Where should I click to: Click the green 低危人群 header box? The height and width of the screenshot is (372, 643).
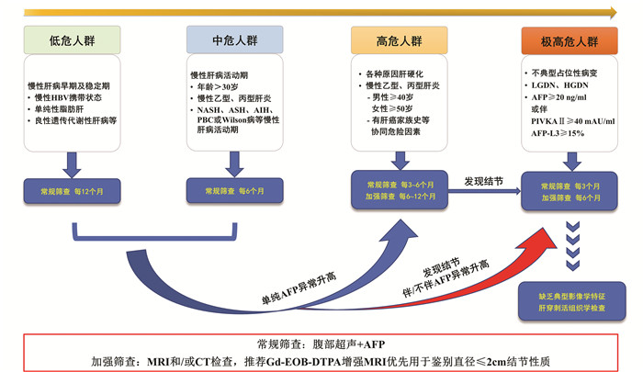(x=72, y=40)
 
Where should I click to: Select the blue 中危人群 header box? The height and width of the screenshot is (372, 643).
(x=234, y=40)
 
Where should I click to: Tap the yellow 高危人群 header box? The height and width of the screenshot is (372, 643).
(x=399, y=41)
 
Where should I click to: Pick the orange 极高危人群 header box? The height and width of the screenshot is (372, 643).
(x=569, y=41)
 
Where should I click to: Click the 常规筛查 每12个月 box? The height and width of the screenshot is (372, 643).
(x=72, y=191)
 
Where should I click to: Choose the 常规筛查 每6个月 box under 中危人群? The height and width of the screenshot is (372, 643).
(x=234, y=191)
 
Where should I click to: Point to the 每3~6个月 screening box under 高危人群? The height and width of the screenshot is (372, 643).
(x=399, y=189)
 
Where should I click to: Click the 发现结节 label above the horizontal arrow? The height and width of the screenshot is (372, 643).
(x=483, y=181)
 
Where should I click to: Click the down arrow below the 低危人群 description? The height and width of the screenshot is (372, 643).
(x=72, y=163)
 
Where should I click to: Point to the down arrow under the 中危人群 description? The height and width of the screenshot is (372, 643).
(x=234, y=163)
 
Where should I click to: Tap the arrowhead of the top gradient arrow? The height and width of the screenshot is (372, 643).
(x=612, y=13)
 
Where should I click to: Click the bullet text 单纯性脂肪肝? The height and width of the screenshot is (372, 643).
(x=65, y=108)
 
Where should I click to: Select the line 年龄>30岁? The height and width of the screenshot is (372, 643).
(x=219, y=86)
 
